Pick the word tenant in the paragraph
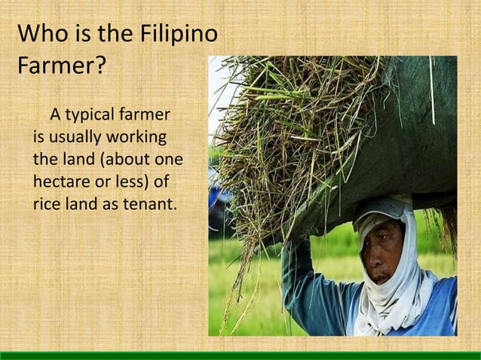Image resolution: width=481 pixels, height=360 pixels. pos(150,203)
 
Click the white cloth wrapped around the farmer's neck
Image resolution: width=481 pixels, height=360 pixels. pos(392,309)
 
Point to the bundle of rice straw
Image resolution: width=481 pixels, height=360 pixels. pos(286,128)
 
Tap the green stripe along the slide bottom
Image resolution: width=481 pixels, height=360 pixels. pos(240,355)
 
